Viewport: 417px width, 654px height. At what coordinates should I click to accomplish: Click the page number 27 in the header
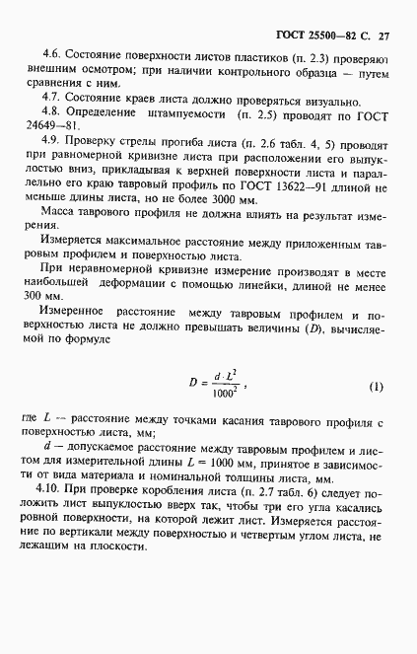pyautogui.click(x=384, y=36)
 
